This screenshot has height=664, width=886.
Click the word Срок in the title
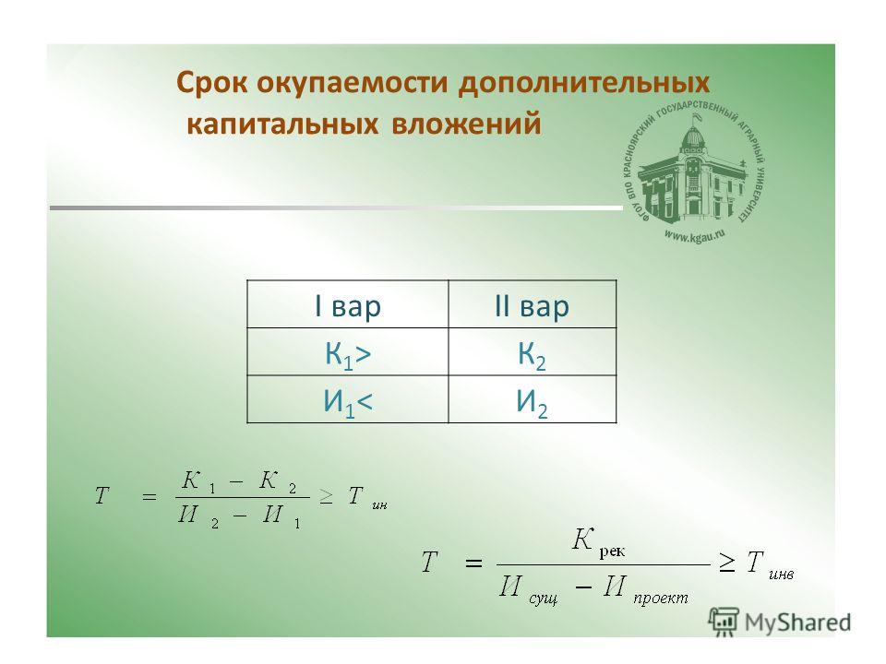212,83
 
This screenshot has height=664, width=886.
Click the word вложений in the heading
465,124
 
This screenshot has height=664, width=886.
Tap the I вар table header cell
348,304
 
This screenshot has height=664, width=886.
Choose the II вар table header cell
532,304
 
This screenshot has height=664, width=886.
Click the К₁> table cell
348,352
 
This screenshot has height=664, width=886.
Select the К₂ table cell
532,352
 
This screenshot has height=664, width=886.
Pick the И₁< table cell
348,399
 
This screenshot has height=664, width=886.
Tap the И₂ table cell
532,399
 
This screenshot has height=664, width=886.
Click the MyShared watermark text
797,622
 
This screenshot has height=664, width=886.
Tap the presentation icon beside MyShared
724,622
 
